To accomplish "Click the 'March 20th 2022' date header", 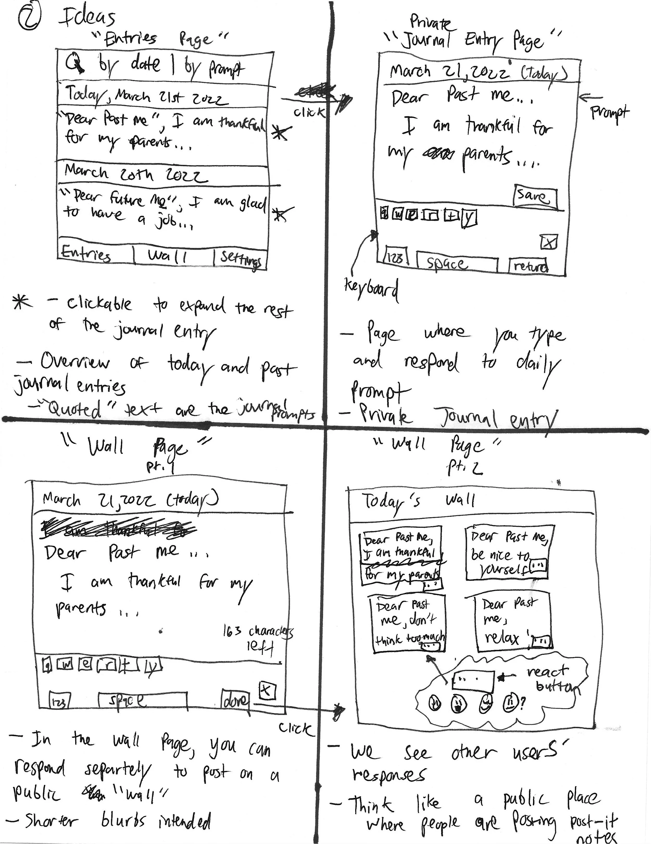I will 135,174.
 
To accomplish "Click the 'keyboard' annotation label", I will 371,290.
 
